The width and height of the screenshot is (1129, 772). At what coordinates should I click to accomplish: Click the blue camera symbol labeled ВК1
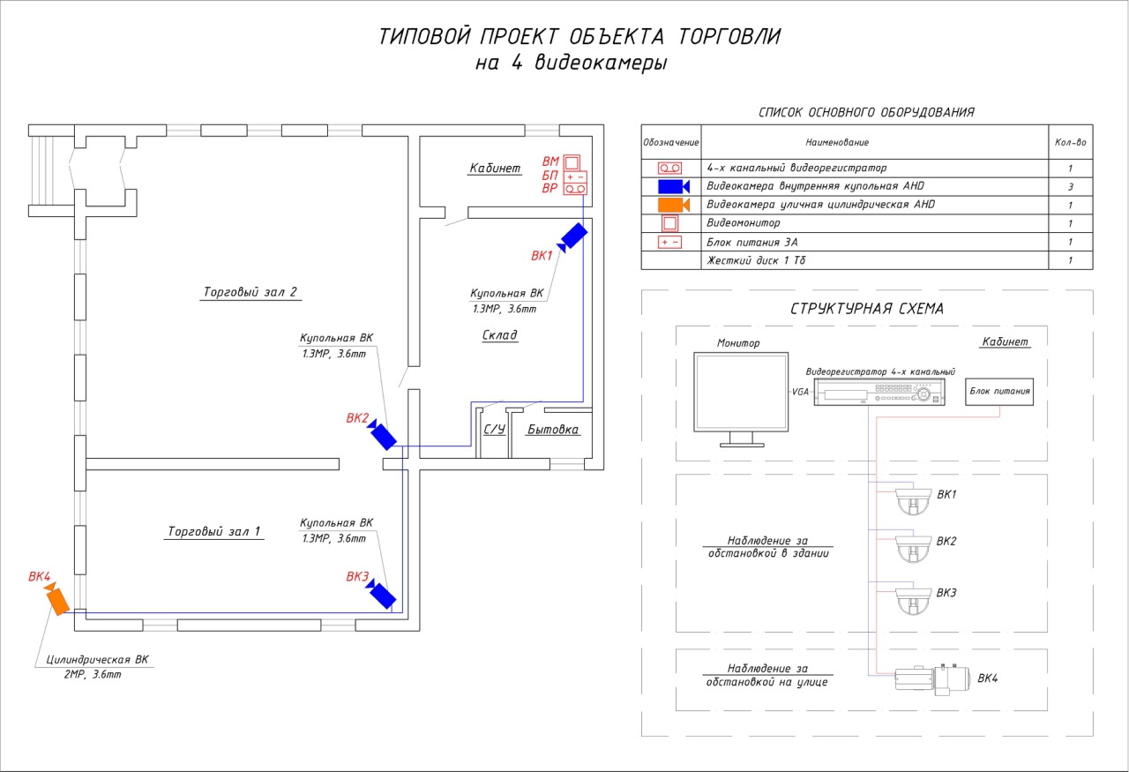[572, 236]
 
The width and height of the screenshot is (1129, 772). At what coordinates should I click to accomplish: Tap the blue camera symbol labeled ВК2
[383, 435]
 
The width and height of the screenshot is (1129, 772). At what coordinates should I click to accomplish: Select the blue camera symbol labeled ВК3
[382, 594]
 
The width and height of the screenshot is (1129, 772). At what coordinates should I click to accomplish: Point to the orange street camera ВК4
[57, 600]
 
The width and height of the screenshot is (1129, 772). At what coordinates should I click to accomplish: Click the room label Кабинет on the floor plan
[495, 169]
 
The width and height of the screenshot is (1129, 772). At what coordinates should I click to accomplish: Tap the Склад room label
[499, 335]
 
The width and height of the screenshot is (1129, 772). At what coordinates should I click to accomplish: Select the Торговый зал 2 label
[251, 293]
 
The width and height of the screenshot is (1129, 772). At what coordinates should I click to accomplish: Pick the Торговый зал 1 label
[215, 532]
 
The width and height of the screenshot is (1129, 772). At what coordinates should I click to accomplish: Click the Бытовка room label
[553, 430]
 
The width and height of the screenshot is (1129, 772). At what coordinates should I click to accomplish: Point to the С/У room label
[494, 430]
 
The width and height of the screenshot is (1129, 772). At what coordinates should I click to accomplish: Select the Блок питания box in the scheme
[999, 390]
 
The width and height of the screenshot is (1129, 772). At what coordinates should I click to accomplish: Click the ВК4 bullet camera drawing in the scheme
[931, 678]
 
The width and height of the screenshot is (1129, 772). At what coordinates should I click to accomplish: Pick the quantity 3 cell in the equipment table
[1070, 186]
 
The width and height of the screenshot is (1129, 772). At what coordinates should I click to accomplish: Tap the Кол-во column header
[1070, 142]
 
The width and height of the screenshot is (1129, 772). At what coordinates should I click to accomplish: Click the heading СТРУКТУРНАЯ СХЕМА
[867, 309]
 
